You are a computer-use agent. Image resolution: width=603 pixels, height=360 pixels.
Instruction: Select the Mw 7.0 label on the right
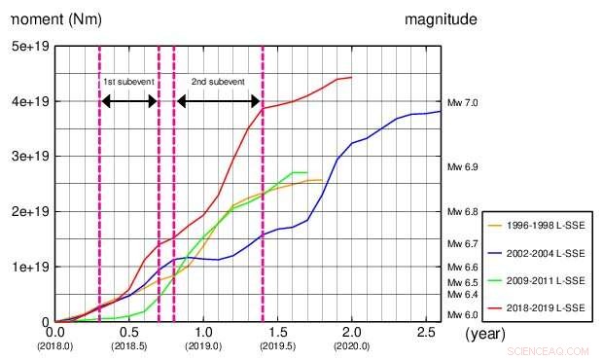462,102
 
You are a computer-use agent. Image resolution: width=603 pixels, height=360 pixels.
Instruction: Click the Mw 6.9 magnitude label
462,167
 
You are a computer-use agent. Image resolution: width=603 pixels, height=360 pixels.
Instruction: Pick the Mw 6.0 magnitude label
462,315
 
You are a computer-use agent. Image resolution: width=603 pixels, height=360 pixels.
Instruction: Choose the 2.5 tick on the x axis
425,333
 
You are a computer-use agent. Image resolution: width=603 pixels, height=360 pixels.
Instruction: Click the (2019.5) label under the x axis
277,345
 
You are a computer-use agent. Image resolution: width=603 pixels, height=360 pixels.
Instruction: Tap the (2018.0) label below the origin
54,345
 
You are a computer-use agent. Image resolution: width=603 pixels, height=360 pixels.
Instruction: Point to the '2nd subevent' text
218,82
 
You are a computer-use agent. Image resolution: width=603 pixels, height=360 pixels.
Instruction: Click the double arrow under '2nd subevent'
218,101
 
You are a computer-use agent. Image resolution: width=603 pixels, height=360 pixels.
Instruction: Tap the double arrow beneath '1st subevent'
128,101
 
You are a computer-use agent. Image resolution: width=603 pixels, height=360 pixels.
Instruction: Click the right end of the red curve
351,77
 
